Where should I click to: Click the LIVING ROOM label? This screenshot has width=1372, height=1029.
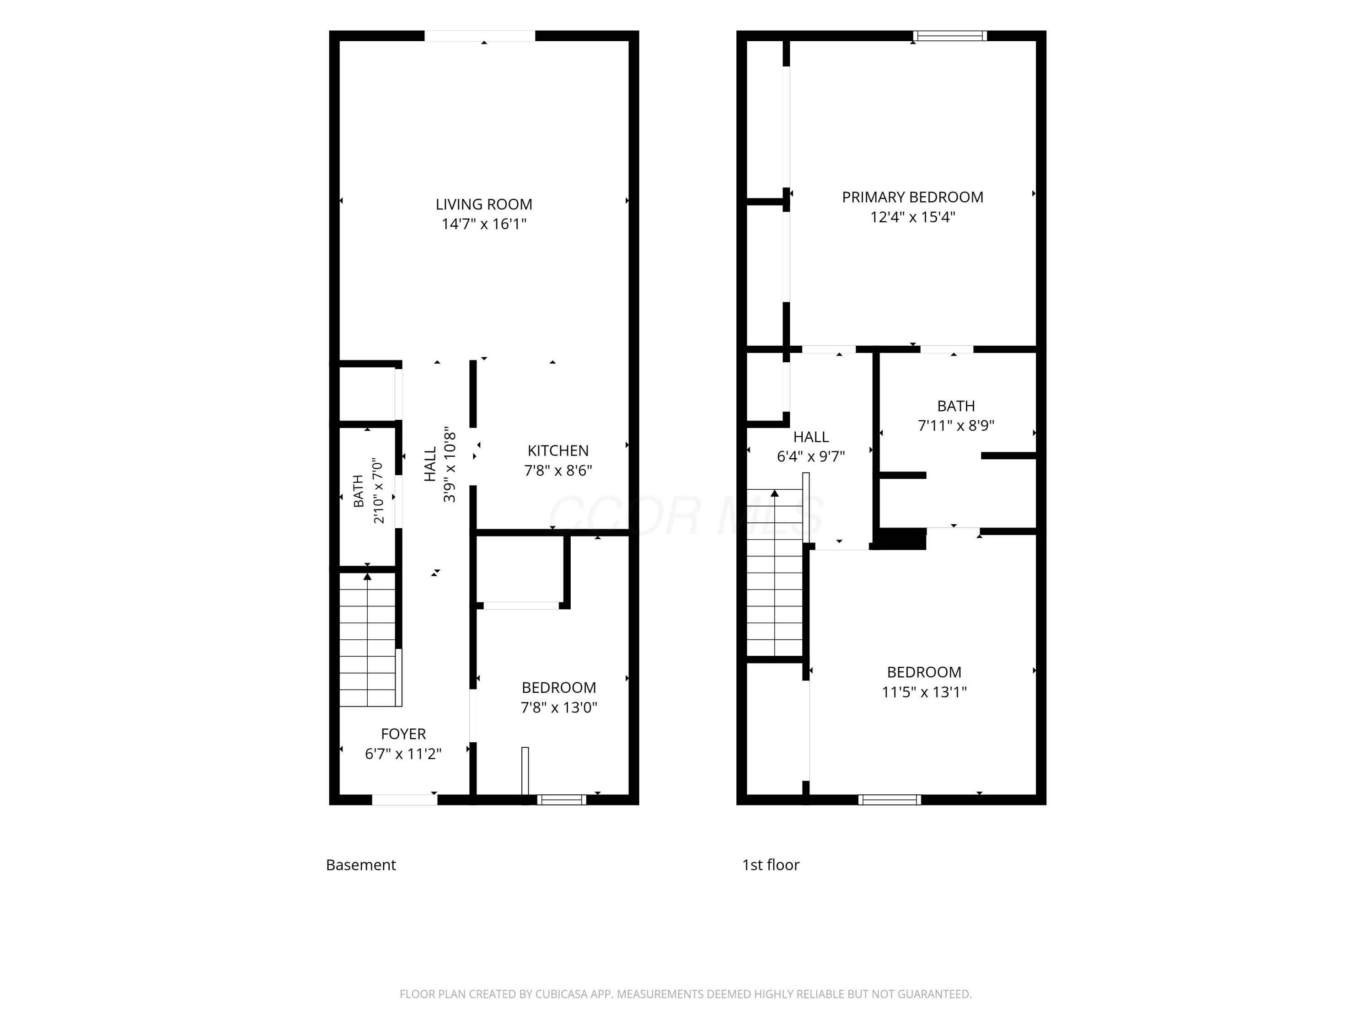484,204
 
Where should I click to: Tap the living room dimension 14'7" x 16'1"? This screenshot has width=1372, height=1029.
484,224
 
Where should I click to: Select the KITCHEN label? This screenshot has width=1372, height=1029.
558,450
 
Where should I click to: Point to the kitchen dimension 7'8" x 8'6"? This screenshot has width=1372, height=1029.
558,470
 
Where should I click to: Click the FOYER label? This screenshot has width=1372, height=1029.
403,734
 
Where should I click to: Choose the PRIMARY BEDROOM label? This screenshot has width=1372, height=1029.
912,197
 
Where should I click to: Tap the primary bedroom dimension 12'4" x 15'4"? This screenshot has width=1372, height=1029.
912,217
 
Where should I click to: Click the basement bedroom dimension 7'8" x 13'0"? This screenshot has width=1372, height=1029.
559,707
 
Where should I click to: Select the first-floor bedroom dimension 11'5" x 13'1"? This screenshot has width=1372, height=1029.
924,691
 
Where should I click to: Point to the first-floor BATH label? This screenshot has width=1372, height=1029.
956,406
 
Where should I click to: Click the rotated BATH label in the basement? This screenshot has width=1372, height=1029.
359,491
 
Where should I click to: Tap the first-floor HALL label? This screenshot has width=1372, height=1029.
811,437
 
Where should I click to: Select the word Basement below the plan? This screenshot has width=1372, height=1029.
361,865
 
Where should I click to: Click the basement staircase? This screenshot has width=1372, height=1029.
367,639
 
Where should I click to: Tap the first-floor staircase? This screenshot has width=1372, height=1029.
775,573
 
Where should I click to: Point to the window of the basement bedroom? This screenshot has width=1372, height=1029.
561,799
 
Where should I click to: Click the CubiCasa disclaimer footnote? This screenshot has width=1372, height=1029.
686,994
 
